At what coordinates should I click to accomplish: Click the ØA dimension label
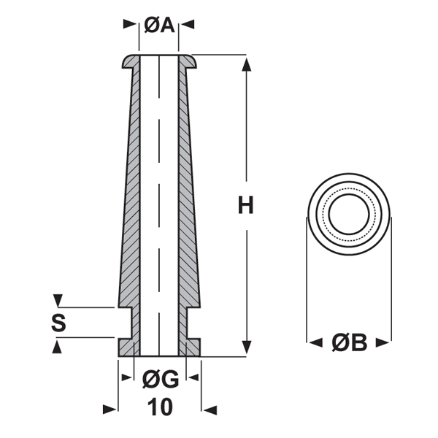(x=158, y=26)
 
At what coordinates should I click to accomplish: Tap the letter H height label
(x=246, y=206)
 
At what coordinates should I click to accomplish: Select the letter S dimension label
(x=58, y=323)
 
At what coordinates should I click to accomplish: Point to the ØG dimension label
(x=160, y=379)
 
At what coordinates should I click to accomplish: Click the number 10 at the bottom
(x=159, y=407)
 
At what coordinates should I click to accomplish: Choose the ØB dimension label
(x=349, y=342)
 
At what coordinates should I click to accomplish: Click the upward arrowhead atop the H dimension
(x=246, y=64)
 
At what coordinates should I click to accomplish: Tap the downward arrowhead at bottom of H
(x=246, y=347)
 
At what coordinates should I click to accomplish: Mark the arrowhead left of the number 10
(x=110, y=408)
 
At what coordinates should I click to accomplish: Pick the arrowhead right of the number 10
(x=209, y=408)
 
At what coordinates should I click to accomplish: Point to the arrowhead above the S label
(x=59, y=301)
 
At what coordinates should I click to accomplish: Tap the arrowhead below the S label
(x=59, y=345)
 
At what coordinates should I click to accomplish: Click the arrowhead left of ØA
(x=131, y=26)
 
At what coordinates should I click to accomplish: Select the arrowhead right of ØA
(x=188, y=26)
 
